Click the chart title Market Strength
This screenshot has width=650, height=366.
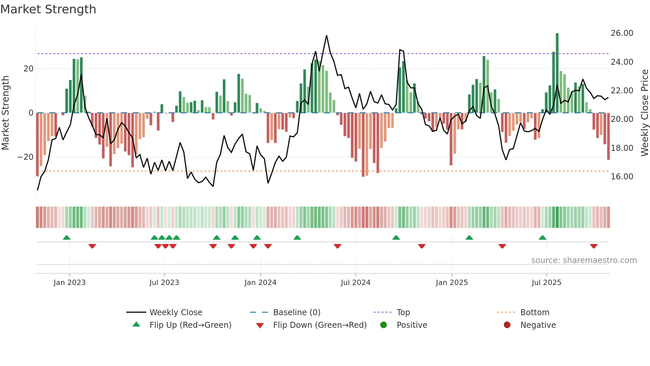[48, 9]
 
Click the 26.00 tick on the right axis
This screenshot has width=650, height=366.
[622, 33]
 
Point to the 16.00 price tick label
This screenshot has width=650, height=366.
[622, 177]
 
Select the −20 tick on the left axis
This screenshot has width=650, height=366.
[26, 157]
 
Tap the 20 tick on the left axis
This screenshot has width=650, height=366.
[29, 69]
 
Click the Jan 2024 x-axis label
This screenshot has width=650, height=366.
[260, 283]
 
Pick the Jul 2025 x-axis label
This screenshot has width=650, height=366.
[546, 283]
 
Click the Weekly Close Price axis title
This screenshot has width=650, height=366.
[644, 113]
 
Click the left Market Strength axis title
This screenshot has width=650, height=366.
[5, 113]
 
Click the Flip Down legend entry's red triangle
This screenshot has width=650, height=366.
[260, 325]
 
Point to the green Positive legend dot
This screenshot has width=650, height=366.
[383, 325]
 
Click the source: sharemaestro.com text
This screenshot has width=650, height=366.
[584, 260]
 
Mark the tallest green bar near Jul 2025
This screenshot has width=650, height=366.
[557, 73]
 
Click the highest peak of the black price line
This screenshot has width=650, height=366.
[326, 36]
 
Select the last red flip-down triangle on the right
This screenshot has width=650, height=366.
[594, 246]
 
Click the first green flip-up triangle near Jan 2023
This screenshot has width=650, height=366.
[67, 237]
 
